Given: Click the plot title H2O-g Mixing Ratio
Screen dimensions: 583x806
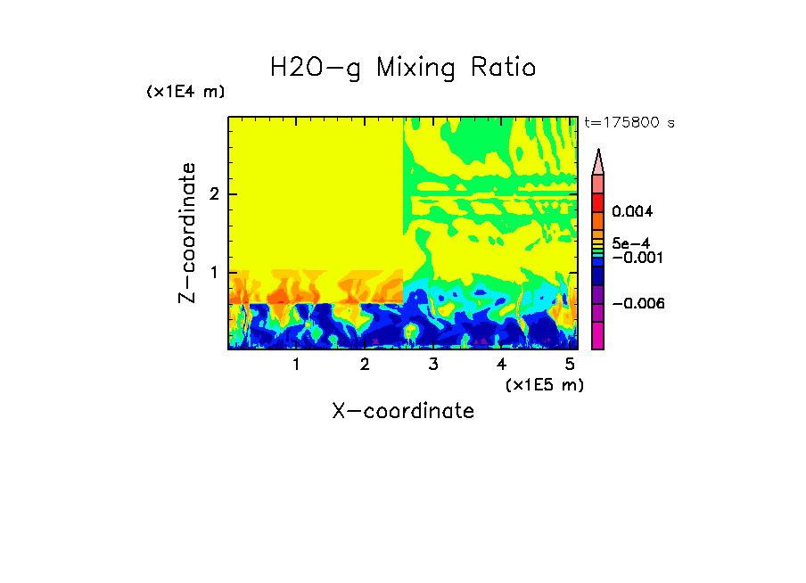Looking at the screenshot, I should (403, 68).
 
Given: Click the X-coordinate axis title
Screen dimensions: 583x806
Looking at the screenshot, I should (403, 411).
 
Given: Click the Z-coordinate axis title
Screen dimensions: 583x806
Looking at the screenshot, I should (187, 233).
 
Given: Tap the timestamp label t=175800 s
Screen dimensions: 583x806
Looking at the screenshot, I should (629, 123).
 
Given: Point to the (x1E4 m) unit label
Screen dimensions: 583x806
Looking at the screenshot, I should (185, 92).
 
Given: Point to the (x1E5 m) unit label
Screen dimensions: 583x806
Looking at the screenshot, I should (544, 384).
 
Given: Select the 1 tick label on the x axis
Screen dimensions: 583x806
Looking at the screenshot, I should (296, 364).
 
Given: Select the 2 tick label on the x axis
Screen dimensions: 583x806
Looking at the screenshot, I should (365, 364).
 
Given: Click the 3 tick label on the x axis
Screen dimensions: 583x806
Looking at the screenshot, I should (433, 364).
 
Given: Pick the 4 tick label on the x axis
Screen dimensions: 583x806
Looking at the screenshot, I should (501, 364).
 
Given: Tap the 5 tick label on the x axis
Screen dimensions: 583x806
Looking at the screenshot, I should (570, 364).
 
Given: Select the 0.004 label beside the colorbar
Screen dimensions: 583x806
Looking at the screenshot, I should (633, 212).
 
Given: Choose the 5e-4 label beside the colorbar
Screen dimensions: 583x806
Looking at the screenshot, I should (630, 242).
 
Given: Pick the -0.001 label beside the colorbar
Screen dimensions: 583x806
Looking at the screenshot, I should (633, 257).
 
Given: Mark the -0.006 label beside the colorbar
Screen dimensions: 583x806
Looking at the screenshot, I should (633, 303).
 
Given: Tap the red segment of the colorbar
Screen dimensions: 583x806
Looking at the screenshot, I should (597, 201).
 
